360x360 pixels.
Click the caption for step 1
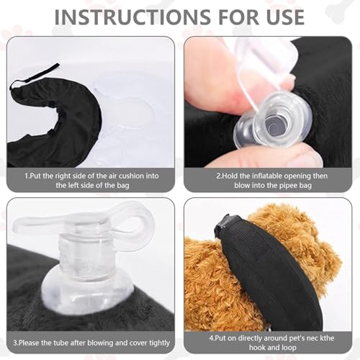click(x=91, y=179)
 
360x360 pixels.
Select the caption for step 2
click(x=268, y=179)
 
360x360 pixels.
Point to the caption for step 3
click(x=91, y=342)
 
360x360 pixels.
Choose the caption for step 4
click(x=268, y=342)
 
